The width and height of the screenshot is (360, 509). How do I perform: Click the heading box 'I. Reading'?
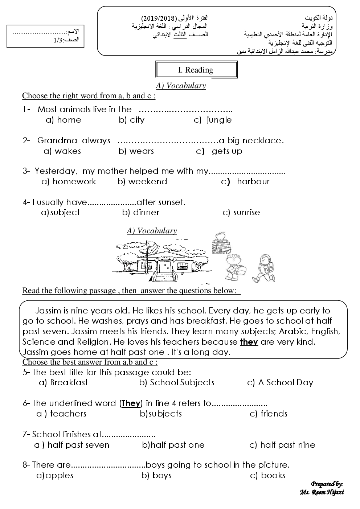click(x=196, y=70)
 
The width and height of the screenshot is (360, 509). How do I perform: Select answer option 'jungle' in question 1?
click(x=219, y=120)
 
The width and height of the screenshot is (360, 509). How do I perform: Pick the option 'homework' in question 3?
click(x=74, y=182)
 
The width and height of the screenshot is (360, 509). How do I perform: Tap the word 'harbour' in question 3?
click(x=253, y=182)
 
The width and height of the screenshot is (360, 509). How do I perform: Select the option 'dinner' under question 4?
click(x=146, y=213)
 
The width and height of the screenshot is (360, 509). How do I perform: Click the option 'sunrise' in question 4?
click(x=247, y=213)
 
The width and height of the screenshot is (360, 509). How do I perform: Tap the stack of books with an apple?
click(x=221, y=243)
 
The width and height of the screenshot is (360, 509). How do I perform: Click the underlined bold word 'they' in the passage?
click(x=249, y=342)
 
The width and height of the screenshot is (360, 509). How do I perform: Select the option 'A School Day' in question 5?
click(x=285, y=383)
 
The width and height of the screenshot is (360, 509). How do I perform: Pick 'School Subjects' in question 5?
click(x=182, y=383)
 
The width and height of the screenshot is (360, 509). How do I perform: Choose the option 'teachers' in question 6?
click(x=68, y=414)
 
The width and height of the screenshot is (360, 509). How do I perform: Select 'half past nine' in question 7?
click(x=287, y=445)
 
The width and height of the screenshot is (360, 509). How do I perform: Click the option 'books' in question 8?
click(x=273, y=476)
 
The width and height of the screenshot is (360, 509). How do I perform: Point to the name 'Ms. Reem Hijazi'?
click(x=322, y=492)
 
